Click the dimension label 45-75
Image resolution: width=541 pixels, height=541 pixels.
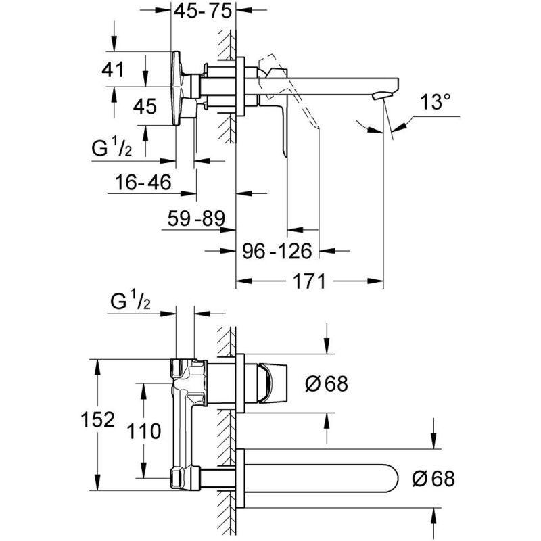[x=202, y=11]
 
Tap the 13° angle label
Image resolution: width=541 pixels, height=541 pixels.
[x=435, y=102]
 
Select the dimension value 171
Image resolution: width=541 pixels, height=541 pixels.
[x=309, y=281]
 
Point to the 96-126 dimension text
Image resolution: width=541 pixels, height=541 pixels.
[x=277, y=251]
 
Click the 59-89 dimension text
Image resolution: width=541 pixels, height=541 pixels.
[x=196, y=218]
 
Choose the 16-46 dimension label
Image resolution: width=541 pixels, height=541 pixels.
[x=143, y=182]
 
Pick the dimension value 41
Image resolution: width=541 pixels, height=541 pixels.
[x=112, y=70]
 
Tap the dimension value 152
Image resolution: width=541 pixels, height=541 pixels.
[x=97, y=419]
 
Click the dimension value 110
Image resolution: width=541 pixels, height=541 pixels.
[x=144, y=431]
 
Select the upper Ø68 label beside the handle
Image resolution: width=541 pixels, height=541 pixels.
[x=327, y=383]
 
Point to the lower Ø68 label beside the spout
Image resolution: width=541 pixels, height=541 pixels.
[x=433, y=479]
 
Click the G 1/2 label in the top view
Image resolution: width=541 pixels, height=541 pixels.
[x=112, y=148]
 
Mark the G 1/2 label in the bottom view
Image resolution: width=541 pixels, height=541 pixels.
[x=131, y=301]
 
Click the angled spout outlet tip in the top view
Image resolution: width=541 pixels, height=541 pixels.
[x=382, y=95]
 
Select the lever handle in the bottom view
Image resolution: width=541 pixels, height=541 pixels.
[x=273, y=383]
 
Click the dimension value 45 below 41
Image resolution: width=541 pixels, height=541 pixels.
[x=145, y=106]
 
